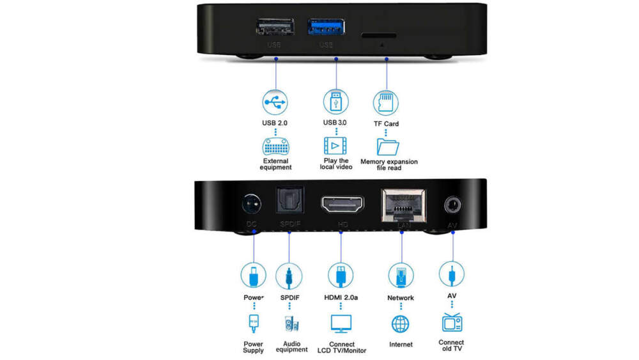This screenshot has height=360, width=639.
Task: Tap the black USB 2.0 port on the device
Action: pos(275,27)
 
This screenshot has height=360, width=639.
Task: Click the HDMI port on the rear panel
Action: pos(341,205)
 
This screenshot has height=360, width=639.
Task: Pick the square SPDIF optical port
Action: pos(289,203)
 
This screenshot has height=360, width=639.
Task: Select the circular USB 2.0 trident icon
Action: pos(275,102)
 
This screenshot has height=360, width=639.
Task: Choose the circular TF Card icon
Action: pos(385,102)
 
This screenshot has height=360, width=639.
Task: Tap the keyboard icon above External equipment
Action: pos(275,146)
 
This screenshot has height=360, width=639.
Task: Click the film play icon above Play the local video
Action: pos(336,145)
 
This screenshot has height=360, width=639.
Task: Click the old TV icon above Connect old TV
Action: pos(452,322)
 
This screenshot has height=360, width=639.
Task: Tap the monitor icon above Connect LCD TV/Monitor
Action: pos(341,323)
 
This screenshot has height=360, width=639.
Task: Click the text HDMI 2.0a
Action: pos(341,297)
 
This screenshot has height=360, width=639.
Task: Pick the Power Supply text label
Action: pos(253,347)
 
